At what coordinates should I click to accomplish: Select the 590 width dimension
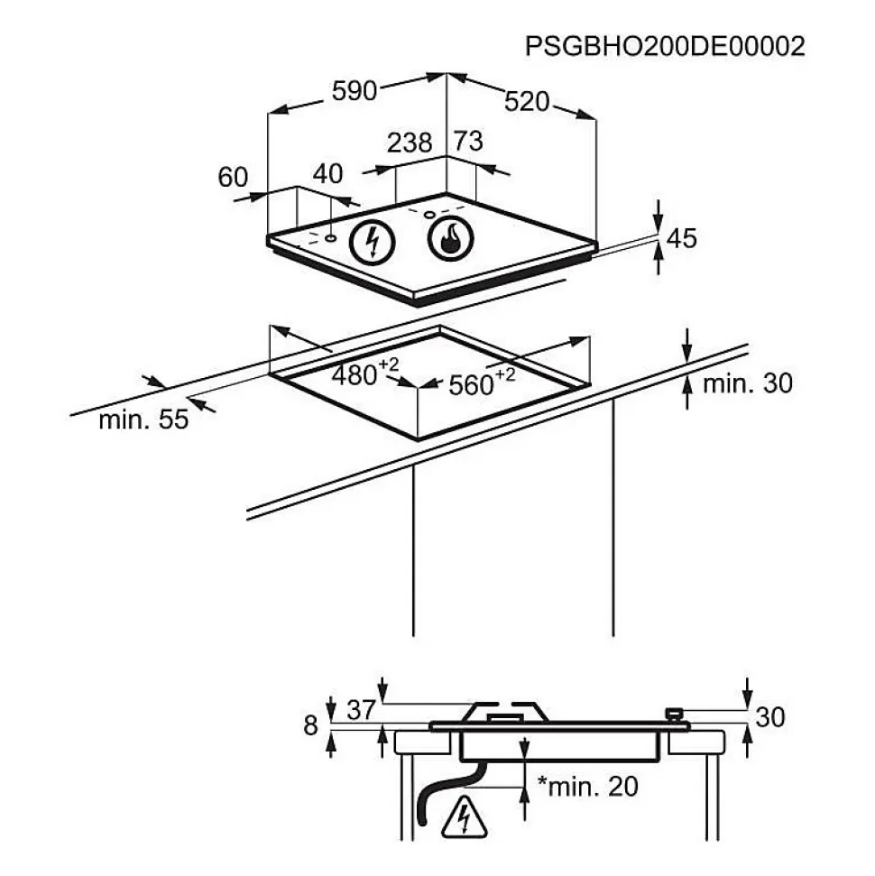coord(354,91)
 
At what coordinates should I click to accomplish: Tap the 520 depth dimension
coord(527,102)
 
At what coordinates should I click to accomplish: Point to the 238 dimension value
coord(409,143)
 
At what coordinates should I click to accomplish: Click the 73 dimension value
coord(467,141)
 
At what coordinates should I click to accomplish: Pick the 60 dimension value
coord(233,178)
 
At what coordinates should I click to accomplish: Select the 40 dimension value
coord(328,174)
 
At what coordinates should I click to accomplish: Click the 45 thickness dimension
coord(681,238)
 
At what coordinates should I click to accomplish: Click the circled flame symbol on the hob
coord(449,239)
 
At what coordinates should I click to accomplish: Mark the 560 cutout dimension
coord(477,383)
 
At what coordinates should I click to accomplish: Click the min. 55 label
coord(143,420)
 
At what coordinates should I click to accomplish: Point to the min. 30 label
coord(747,383)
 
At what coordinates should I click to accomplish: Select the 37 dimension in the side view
coord(361,711)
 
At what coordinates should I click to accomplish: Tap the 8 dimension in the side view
coord(311,724)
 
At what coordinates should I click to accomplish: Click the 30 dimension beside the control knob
coord(769,717)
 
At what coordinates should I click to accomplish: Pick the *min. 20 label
coord(587,786)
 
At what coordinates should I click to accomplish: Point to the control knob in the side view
coord(672,715)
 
